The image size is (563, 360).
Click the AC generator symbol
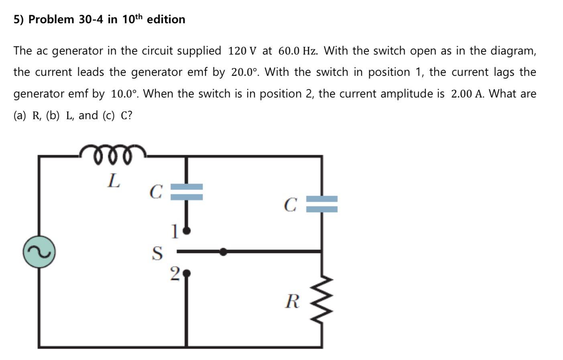point(39,252)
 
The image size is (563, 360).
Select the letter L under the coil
point(114,181)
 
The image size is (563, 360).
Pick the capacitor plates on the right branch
point(322,204)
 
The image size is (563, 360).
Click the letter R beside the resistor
point(292,301)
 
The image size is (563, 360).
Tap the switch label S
point(158,253)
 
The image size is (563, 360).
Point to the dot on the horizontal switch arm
point(224,252)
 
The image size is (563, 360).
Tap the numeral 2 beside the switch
point(174,274)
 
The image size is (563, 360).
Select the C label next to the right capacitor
point(290,205)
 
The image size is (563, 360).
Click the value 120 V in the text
point(242,51)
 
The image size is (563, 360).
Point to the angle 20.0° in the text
point(244,73)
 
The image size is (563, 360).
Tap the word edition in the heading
point(166,19)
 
